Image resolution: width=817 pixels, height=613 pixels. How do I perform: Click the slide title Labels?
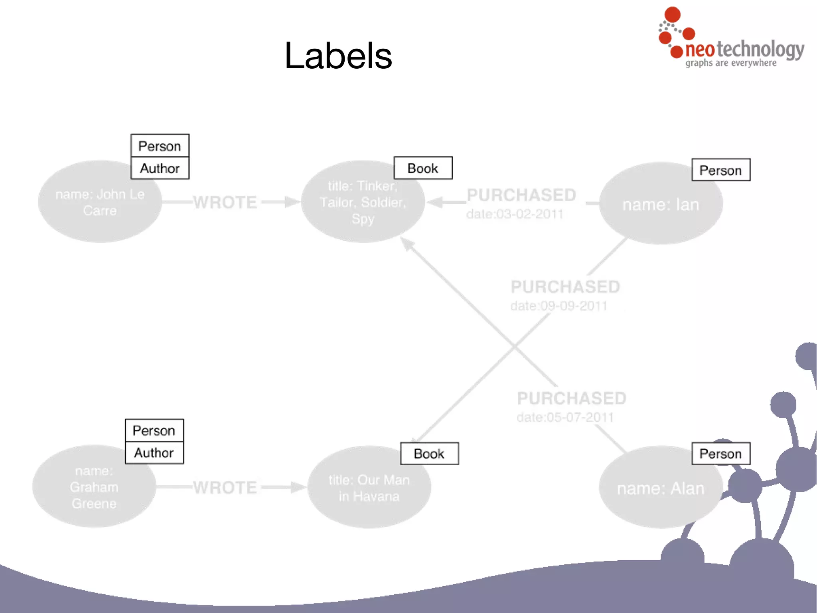(x=338, y=56)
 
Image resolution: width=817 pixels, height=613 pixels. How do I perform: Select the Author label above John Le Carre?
(x=160, y=169)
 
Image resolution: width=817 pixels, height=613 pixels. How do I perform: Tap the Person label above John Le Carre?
(x=160, y=146)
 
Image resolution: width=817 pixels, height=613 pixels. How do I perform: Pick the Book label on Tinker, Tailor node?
(x=423, y=168)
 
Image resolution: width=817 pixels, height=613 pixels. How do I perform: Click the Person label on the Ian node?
(x=720, y=170)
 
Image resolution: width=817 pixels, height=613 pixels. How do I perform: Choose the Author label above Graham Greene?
(x=154, y=453)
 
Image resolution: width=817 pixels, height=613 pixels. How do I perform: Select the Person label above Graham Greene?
(x=154, y=430)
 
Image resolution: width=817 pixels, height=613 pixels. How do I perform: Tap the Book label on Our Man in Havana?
(x=429, y=454)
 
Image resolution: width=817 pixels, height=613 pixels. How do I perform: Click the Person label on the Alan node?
(x=720, y=454)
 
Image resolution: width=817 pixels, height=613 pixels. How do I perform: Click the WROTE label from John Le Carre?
(x=225, y=202)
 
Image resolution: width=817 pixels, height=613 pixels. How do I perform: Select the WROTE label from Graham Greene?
(x=225, y=488)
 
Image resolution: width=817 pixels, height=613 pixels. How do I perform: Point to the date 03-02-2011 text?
(x=515, y=214)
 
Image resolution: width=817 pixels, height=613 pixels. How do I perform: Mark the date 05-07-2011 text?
(x=565, y=418)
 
